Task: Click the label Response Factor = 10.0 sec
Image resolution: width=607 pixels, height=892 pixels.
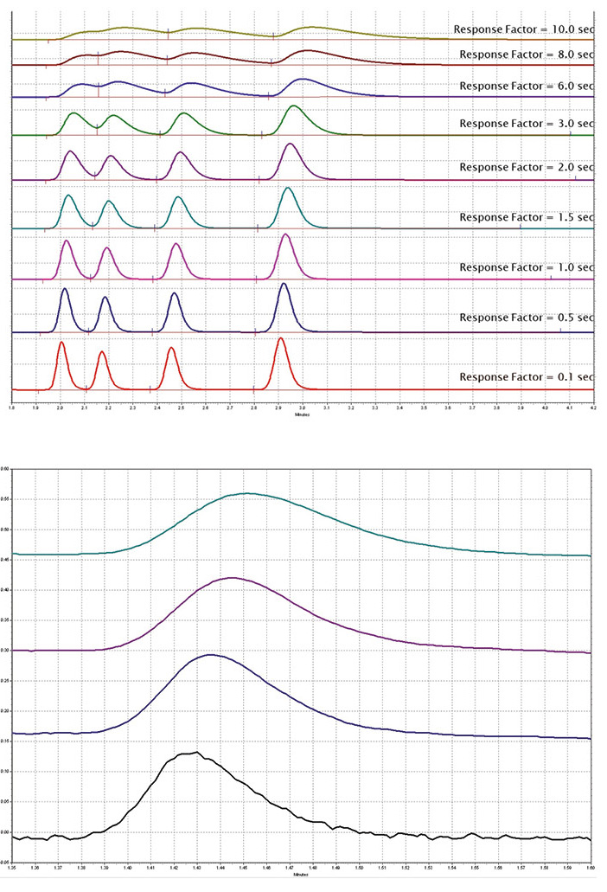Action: (524, 29)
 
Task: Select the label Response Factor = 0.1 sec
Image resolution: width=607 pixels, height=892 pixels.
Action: (527, 377)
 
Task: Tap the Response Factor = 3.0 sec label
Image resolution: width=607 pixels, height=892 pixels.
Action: (527, 123)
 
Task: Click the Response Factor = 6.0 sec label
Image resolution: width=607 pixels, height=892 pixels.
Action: (527, 86)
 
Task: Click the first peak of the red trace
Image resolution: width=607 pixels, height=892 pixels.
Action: (61, 343)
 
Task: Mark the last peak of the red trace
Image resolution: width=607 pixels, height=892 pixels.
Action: (280, 339)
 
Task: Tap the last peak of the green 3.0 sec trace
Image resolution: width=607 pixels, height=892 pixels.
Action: (294, 106)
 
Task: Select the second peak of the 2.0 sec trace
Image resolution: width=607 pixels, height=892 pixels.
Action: (110, 157)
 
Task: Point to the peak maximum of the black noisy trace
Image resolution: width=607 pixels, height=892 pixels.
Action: (197, 753)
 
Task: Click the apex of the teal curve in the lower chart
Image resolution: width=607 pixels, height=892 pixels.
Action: (247, 493)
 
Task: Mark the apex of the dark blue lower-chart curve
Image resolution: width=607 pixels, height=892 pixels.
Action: (210, 655)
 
